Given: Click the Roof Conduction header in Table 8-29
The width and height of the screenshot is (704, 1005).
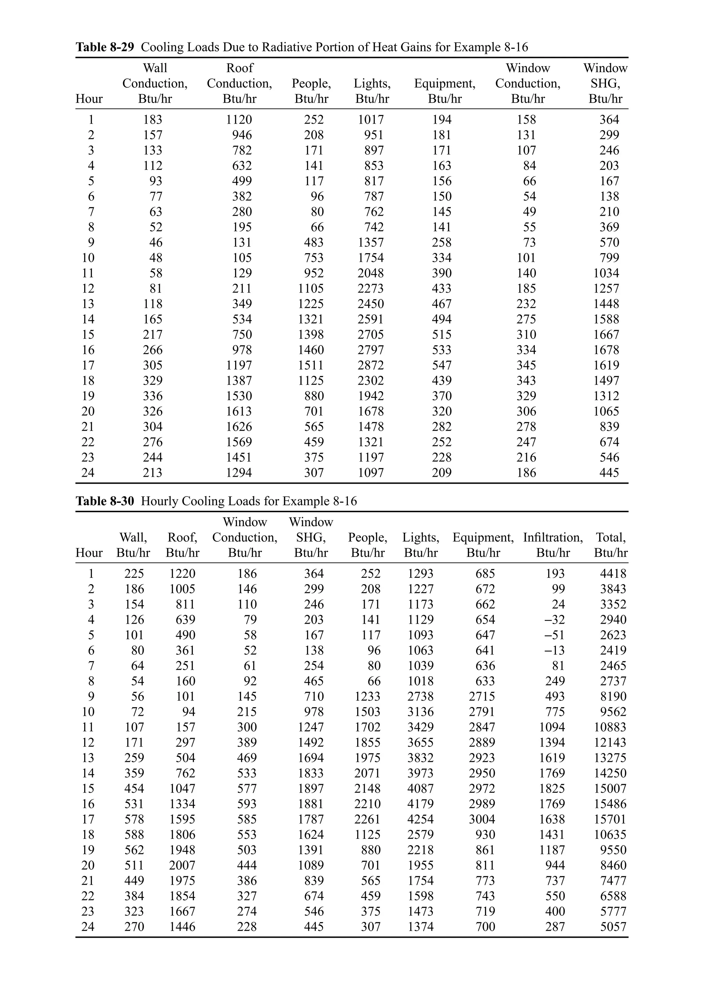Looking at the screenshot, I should pyautogui.click(x=239, y=83).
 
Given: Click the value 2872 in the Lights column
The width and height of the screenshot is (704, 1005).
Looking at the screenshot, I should pyautogui.click(x=371, y=365).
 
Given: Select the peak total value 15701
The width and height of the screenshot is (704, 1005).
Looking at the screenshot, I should pyautogui.click(x=610, y=819).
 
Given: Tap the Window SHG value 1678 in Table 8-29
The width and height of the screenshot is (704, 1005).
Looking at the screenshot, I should pyautogui.click(x=606, y=350).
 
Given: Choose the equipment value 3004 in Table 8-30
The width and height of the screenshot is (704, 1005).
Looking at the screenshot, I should pyautogui.click(x=482, y=819).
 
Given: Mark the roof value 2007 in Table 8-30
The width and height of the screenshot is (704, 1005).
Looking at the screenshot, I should pyautogui.click(x=182, y=865).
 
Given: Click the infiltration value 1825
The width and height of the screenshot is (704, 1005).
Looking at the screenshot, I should pyautogui.click(x=552, y=788).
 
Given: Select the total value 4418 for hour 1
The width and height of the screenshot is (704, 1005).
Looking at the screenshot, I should pyautogui.click(x=613, y=573).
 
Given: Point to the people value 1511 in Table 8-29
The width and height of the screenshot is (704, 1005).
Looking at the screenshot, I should pyautogui.click(x=311, y=365).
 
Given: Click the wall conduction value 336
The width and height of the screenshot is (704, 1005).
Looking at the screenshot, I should pyautogui.click(x=152, y=396).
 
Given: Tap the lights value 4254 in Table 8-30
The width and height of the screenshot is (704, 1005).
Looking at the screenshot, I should pyautogui.click(x=420, y=819).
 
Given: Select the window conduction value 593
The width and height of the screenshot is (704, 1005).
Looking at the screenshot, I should pyautogui.click(x=247, y=804).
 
